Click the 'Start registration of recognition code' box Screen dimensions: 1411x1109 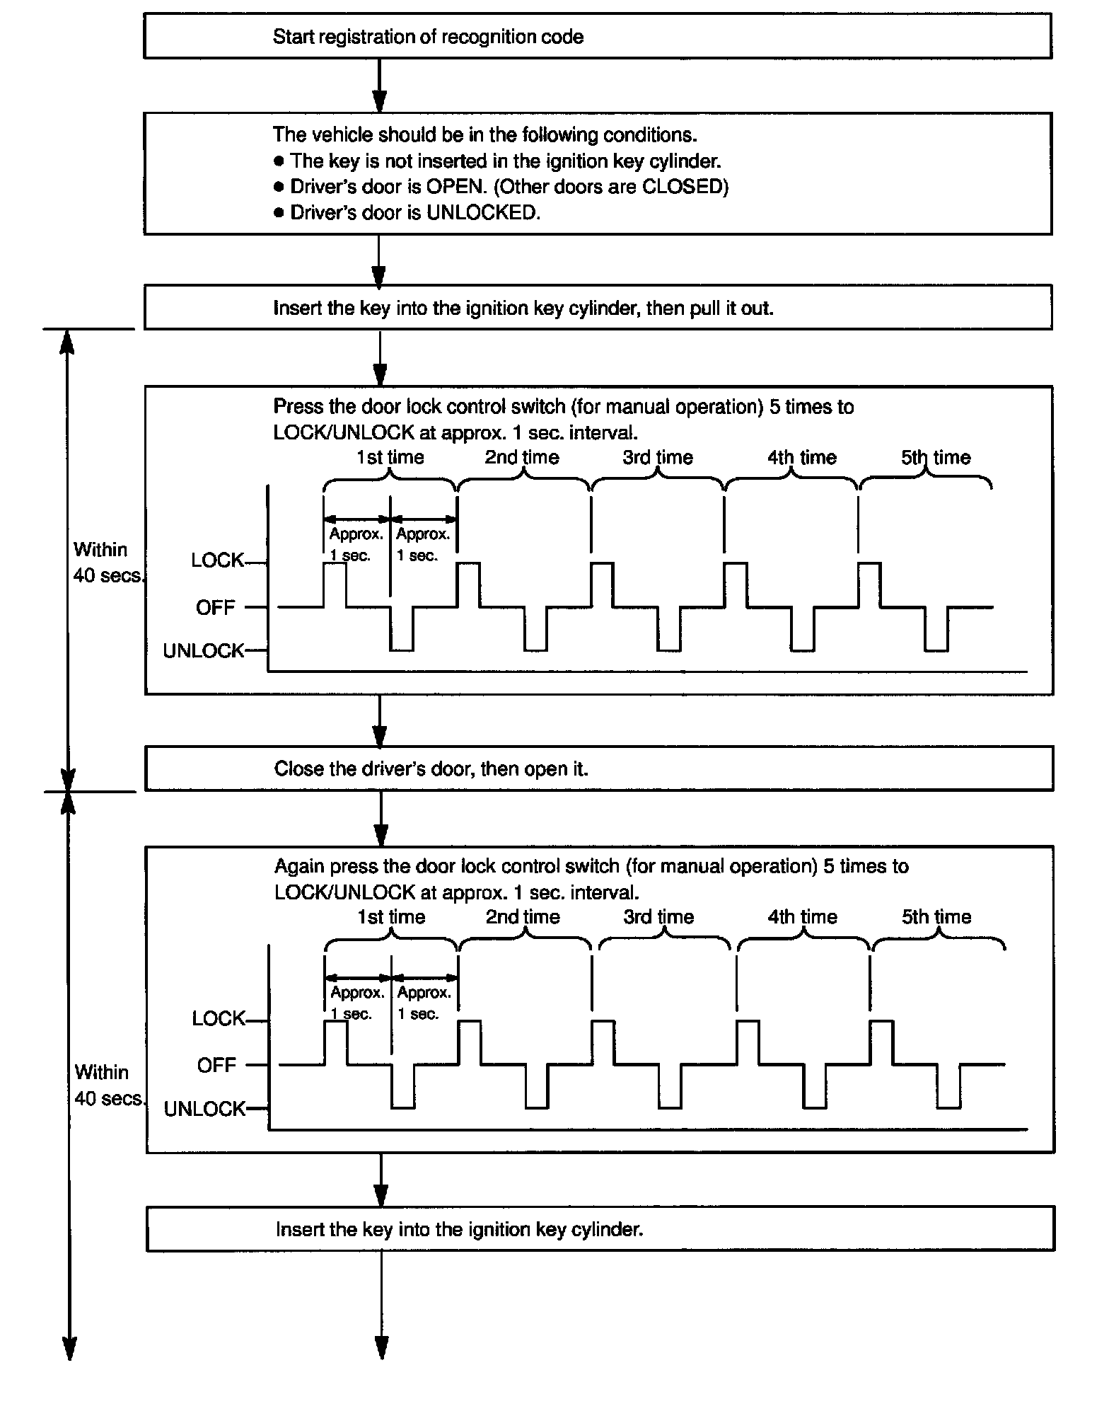597,37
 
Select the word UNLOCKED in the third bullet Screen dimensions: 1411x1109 482,213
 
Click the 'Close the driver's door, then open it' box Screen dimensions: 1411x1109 598,768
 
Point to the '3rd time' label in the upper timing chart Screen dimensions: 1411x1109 658,458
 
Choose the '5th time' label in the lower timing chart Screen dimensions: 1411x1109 936,917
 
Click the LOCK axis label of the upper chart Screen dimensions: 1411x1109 217,561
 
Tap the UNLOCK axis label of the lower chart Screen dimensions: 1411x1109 204,1109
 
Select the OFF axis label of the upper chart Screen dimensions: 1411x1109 216,608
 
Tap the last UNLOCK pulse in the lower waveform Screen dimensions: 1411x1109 948,1088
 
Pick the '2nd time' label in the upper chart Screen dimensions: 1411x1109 522,458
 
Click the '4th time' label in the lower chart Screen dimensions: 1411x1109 803,917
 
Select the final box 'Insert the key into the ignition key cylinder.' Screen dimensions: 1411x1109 600,1229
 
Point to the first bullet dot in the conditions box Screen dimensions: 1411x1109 279,161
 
